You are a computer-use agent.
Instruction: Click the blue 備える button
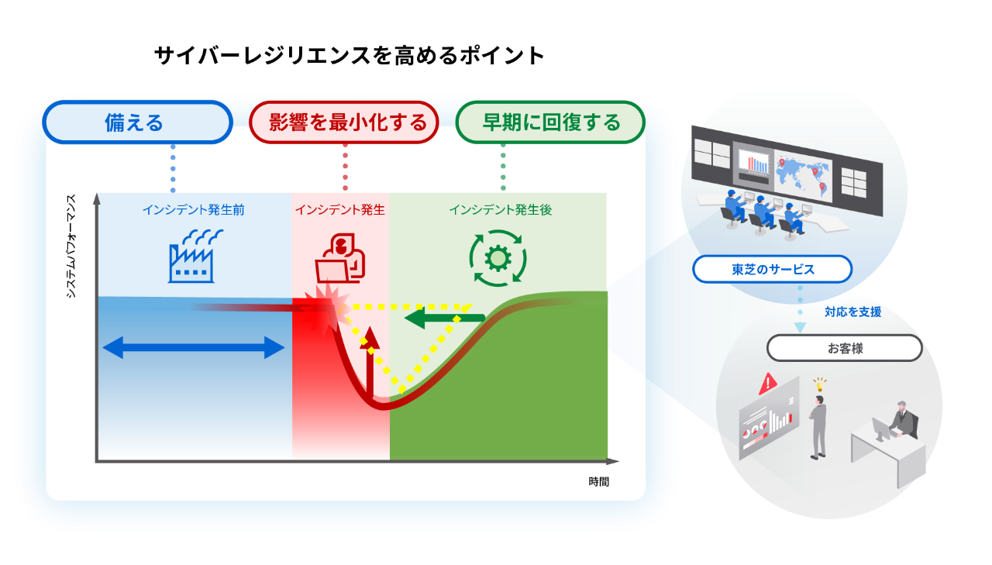coord(137,122)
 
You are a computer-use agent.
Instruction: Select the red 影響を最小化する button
coord(344,122)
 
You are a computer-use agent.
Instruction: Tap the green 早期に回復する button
coord(550,122)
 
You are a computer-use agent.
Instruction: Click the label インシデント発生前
coord(193,210)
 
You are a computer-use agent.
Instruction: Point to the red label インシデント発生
coord(339,210)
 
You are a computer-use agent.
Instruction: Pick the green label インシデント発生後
coord(500,210)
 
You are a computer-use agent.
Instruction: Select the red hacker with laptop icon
coord(339,258)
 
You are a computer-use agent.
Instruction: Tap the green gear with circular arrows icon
coord(498,258)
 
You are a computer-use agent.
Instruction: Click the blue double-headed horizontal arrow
coord(194,348)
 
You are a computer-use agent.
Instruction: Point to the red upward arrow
coord(370,361)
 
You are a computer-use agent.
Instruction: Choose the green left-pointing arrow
coord(445,318)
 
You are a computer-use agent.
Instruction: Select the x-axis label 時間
coord(598,481)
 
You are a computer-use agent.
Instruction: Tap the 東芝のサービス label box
coord(772,270)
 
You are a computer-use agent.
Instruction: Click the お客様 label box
coord(844,348)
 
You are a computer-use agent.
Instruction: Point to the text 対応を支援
coord(852,312)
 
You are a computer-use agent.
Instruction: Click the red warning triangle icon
coord(769,382)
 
